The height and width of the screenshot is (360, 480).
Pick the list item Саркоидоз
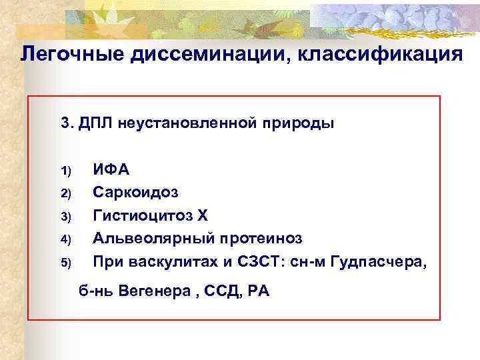point(135,193)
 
